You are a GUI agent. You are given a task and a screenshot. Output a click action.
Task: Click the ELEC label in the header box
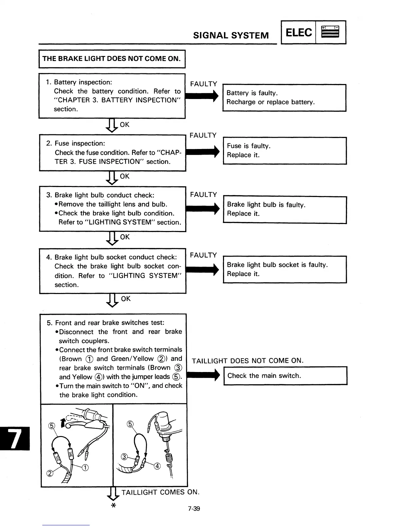pos(299,33)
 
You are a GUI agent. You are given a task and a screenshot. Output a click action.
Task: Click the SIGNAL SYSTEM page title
pos(231,35)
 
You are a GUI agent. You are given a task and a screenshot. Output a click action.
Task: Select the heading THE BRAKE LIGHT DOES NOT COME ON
pos(112,59)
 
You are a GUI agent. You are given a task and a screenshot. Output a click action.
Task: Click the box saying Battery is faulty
pos(284,97)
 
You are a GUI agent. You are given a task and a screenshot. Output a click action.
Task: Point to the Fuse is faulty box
pos(284,150)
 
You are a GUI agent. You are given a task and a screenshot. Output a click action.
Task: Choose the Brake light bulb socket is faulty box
pos(285,269)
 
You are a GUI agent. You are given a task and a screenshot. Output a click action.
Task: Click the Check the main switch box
pos(285,376)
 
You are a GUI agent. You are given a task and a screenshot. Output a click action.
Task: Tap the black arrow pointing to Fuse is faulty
pos(202,152)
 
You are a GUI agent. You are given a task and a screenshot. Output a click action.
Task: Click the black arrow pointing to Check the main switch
pos(203,376)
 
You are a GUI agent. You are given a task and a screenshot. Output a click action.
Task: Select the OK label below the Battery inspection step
pos(124,125)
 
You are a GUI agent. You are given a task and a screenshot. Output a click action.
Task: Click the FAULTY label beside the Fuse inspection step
pos(203,135)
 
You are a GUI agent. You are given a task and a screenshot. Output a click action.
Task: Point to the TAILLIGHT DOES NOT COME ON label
pos(248,361)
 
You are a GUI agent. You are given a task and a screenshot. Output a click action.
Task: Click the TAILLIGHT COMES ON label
pos(160,492)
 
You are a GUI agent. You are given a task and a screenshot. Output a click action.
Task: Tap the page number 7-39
pos(194,509)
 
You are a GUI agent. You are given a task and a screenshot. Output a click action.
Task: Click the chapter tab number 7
pos(15,438)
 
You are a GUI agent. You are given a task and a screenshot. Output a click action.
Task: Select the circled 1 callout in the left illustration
pos(85,468)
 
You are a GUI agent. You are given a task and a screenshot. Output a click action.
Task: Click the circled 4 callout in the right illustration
pos(157,466)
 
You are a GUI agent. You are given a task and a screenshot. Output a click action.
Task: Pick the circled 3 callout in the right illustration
pos(124,457)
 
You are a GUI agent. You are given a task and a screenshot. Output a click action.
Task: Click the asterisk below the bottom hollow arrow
pos(113,506)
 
